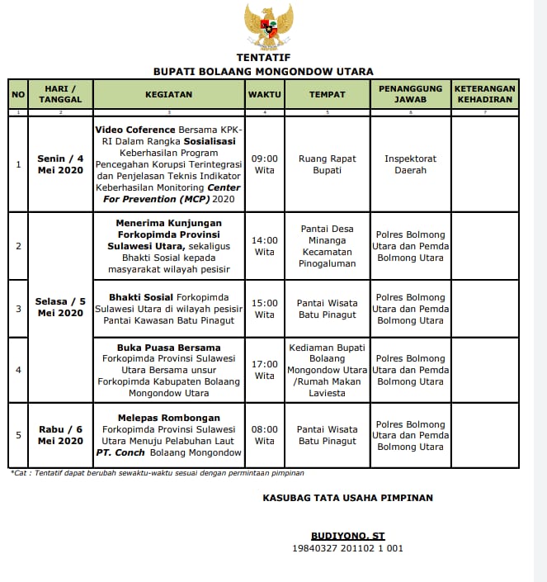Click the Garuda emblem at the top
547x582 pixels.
click(x=269, y=26)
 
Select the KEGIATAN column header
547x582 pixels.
click(x=168, y=94)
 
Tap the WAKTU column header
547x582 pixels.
click(x=265, y=94)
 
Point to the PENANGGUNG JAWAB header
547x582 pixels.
click(x=410, y=94)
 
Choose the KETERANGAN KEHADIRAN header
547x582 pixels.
click(x=485, y=94)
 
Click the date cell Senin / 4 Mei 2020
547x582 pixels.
click(x=60, y=164)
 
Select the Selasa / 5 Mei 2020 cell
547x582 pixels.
click(x=60, y=307)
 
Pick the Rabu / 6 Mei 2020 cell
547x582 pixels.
click(x=60, y=435)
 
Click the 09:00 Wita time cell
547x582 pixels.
click(x=265, y=164)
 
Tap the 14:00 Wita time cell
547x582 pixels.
click(x=265, y=246)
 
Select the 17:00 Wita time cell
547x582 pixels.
click(x=265, y=370)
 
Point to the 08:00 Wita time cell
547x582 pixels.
click(x=265, y=435)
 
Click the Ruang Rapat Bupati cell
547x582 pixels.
click(x=327, y=164)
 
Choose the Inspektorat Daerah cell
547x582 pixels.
click(x=410, y=164)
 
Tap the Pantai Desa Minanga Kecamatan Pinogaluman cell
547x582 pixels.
click(x=327, y=246)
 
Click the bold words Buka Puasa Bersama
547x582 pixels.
click(x=168, y=348)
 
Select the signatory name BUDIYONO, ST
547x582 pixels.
click(x=347, y=535)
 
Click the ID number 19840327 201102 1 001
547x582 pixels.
click(x=347, y=548)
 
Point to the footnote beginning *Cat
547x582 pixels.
click(x=157, y=473)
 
